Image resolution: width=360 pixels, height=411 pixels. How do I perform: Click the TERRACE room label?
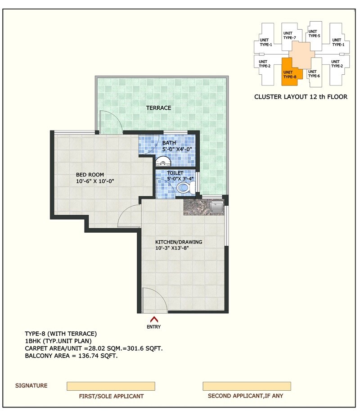click(x=158, y=108)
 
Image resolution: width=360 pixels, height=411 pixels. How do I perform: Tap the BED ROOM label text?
click(x=90, y=175)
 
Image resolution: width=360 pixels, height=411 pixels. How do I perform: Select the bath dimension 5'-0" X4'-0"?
click(x=177, y=149)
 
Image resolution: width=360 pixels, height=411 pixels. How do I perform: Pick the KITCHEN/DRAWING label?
click(x=179, y=242)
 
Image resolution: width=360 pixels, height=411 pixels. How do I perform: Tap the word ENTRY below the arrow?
click(x=153, y=327)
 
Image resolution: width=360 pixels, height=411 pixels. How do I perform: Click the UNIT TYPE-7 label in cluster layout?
click(x=289, y=35)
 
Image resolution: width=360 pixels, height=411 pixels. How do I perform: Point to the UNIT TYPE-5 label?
click(x=314, y=33)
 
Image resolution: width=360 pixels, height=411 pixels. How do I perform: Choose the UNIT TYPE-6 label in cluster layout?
click(x=314, y=73)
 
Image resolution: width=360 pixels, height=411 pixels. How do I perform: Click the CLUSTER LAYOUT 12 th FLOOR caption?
click(x=301, y=97)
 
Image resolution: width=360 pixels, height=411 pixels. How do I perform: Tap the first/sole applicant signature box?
click(x=111, y=386)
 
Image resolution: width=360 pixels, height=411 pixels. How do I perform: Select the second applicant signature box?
click(x=246, y=386)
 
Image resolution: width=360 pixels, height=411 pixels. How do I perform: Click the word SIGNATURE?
click(x=31, y=386)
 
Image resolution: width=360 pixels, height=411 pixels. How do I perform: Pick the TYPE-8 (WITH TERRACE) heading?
click(x=61, y=334)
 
